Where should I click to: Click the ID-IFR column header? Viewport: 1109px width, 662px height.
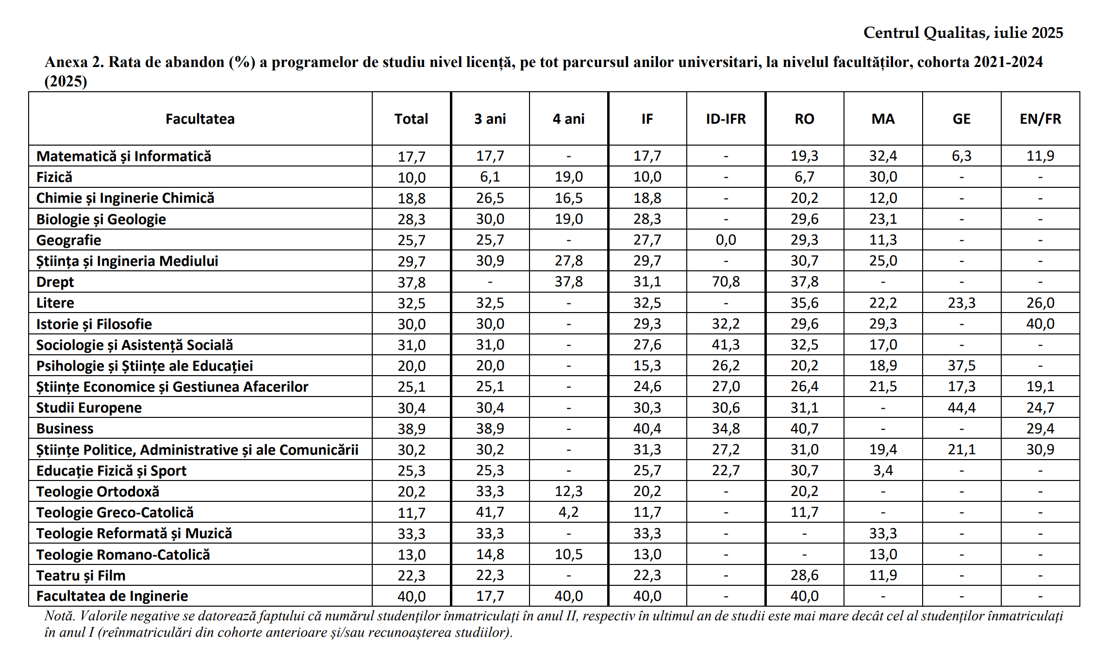click(726, 119)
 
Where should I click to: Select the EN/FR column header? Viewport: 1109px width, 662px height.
click(1040, 119)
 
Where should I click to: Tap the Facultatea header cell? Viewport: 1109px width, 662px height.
click(200, 119)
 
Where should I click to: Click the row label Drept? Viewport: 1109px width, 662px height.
click(55, 282)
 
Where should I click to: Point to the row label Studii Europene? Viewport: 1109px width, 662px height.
click(89, 408)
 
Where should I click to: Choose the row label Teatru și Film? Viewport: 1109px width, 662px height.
click(81, 576)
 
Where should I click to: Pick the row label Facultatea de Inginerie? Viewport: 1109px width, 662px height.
click(112, 596)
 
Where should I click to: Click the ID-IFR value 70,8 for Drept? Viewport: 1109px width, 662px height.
click(726, 282)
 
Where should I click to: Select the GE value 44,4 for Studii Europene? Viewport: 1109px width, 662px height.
click(961, 408)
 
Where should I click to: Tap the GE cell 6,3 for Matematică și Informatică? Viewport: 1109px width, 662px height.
click(961, 156)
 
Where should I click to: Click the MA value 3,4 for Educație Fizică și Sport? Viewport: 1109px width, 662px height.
click(883, 471)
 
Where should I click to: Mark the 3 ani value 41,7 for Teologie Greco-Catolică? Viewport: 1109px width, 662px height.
click(490, 513)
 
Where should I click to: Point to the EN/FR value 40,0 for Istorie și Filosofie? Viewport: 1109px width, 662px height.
click(1040, 324)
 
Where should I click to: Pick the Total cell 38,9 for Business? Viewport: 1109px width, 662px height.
click(411, 429)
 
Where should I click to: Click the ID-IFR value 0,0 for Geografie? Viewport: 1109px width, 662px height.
click(726, 240)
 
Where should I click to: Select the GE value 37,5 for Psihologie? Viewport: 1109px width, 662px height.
click(961, 366)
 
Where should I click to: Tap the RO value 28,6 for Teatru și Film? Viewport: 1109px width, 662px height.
click(804, 576)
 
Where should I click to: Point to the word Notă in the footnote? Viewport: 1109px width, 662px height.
click(60, 616)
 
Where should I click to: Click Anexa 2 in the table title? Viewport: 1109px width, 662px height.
click(74, 63)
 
